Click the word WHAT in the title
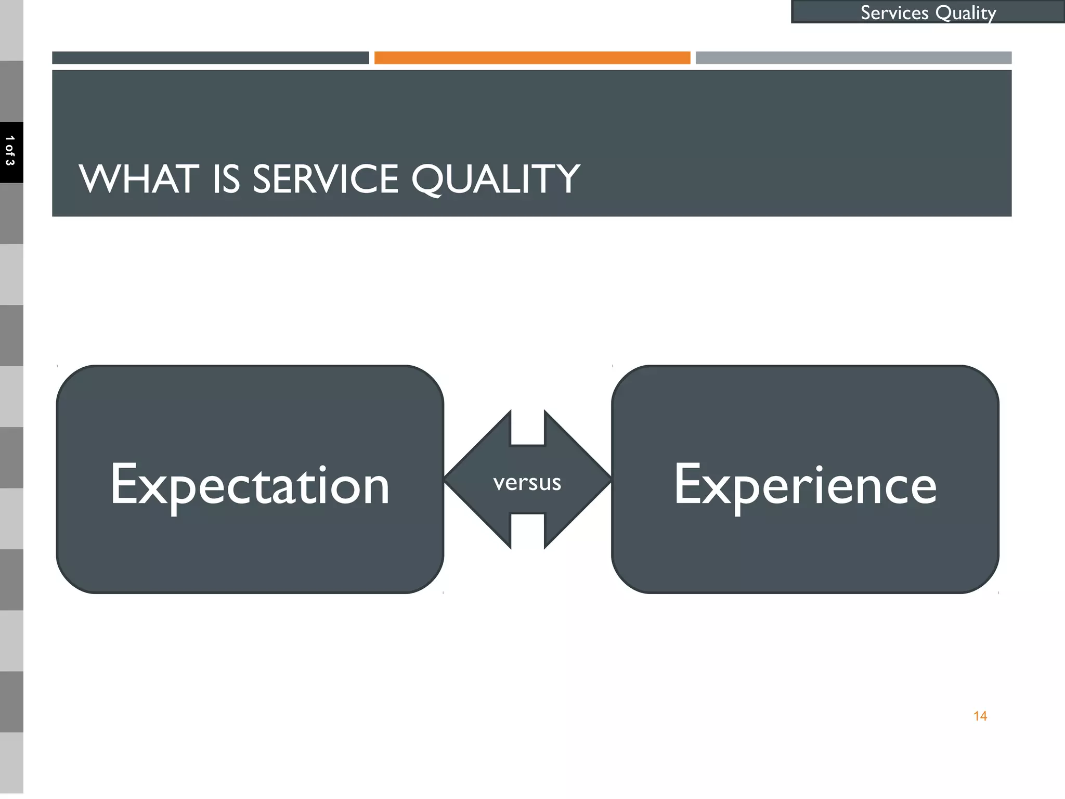pos(139,179)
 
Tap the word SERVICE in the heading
pos(326,179)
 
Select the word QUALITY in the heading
pos(496,179)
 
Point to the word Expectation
pos(250,485)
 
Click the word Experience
pos(805,485)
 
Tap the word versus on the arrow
pos(527,483)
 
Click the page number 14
pos(980,716)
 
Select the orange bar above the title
pos(532,58)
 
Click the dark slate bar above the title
pos(210,58)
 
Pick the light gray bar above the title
pos(853,58)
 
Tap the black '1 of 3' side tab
pos(10,152)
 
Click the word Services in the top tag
pos(894,12)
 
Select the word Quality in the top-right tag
pos(966,12)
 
